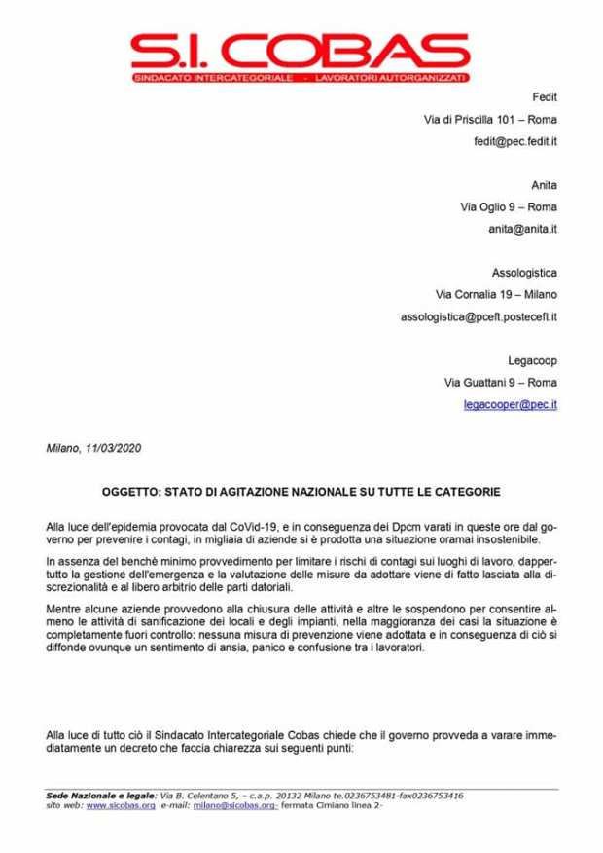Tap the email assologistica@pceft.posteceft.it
478,316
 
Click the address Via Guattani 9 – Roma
500,381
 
